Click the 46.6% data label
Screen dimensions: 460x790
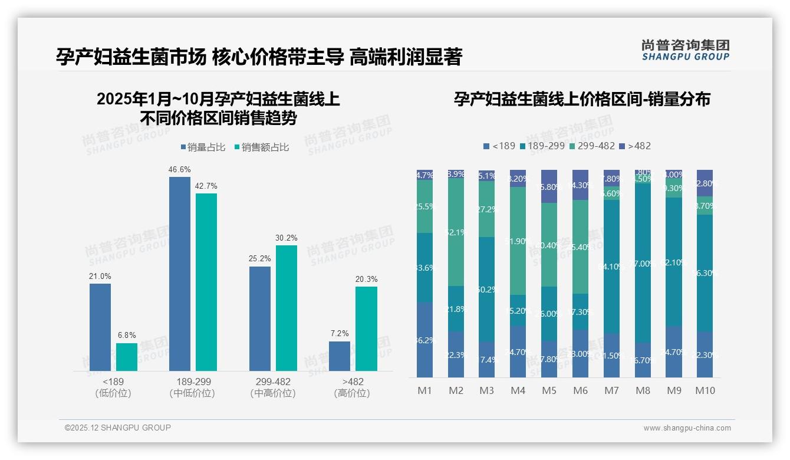pos(180,169)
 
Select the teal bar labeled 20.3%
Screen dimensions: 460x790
pos(366,328)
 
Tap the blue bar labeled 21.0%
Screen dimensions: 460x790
pos(100,327)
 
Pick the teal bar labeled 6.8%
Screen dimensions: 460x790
pos(127,357)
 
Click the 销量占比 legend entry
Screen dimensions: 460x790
pos(202,147)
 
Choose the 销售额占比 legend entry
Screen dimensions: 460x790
pos(262,147)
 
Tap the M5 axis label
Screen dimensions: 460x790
pos(549,390)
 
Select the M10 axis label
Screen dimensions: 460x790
pos(705,390)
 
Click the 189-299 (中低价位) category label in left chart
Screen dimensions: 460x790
pos(192,387)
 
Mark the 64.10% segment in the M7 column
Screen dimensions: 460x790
pos(611,267)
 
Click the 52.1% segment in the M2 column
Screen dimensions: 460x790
pos(456,232)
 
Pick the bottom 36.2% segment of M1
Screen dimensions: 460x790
pos(424,340)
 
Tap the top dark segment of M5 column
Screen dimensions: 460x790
pos(549,186)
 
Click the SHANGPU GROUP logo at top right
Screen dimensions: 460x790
pos(685,50)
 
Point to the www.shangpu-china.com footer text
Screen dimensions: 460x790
pos(687,428)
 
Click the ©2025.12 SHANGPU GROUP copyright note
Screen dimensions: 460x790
pos(118,428)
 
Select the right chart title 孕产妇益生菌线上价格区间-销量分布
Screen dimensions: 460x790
pos(582,99)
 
